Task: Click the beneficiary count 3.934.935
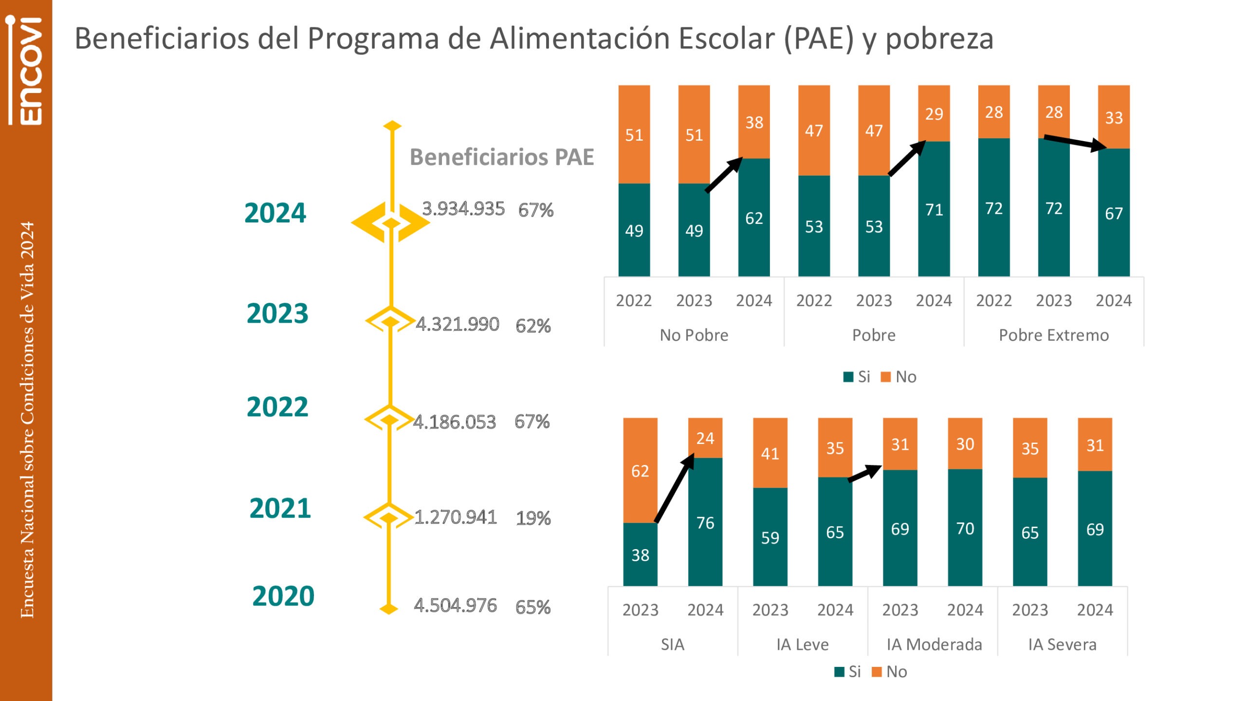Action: (x=463, y=209)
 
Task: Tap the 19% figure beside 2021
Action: (x=533, y=518)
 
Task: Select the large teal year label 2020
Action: (x=283, y=596)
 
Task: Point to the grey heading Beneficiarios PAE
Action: (x=501, y=157)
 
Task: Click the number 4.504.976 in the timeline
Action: (x=455, y=606)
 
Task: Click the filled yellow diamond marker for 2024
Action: (x=391, y=223)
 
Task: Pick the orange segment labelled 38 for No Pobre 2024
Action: (x=753, y=122)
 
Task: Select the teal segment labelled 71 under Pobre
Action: (x=934, y=209)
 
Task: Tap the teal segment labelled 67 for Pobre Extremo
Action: (x=1114, y=213)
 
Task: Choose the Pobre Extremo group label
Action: (x=1054, y=335)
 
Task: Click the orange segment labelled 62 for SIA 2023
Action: (x=640, y=470)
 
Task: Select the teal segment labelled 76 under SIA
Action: (x=705, y=522)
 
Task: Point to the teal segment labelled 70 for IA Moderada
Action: (x=965, y=528)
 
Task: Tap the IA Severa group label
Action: (x=1062, y=645)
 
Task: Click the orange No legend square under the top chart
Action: (x=886, y=377)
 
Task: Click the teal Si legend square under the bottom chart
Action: (x=839, y=672)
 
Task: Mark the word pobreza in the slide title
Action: (x=939, y=39)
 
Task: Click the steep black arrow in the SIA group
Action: (x=675, y=488)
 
